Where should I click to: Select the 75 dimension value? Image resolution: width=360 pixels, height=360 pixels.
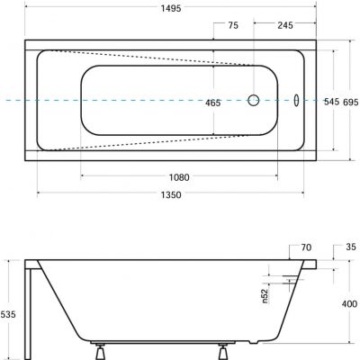[x=233, y=27]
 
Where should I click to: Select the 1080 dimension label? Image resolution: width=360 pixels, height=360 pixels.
[x=180, y=177]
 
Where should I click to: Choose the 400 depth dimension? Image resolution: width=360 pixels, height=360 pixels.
[x=346, y=305]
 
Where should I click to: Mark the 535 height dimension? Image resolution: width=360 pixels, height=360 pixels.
[x=8, y=314]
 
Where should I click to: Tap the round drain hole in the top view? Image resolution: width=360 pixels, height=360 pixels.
[x=254, y=101]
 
